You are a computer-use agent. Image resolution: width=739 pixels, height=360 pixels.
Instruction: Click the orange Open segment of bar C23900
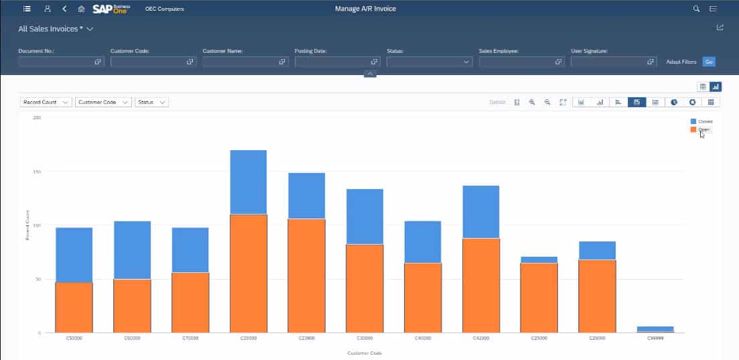(306, 275)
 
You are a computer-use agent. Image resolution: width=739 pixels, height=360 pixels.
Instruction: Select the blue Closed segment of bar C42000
(480, 212)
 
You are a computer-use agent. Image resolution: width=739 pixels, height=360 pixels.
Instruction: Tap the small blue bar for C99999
(655, 328)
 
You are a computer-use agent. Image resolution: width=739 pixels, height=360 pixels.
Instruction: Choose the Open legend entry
(703, 129)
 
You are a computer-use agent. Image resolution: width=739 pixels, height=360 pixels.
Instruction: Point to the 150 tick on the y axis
(37, 172)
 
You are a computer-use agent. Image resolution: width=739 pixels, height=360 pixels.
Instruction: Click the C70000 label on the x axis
(190, 339)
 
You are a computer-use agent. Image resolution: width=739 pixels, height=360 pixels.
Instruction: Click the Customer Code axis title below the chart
(364, 353)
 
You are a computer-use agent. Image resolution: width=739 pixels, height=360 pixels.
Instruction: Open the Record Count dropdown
(46, 103)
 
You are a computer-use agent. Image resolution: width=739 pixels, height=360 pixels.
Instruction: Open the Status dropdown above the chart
(151, 103)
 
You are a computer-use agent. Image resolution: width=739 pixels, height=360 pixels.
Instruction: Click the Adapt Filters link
(681, 62)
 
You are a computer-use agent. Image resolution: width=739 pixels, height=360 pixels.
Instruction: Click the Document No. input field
(56, 62)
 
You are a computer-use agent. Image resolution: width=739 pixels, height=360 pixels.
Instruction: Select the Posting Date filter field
(333, 62)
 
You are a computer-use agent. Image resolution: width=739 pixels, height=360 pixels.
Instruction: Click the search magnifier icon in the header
(696, 9)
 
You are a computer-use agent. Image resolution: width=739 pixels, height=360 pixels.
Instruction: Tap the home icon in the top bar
(81, 9)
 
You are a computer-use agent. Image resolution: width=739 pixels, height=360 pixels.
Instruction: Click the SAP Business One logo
(111, 9)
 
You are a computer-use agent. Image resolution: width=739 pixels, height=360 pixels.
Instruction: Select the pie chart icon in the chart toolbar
(675, 102)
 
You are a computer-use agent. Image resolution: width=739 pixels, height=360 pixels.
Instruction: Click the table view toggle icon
(703, 86)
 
